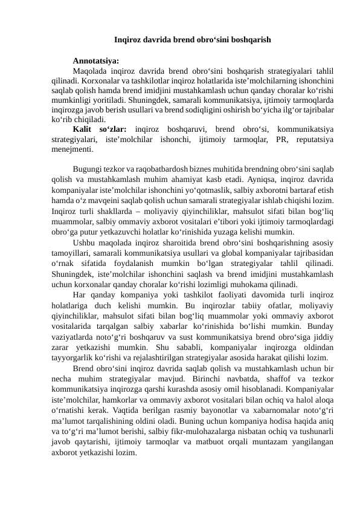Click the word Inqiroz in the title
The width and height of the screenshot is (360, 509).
[x=128, y=41]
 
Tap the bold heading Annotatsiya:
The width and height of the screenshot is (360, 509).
[x=95, y=60]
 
